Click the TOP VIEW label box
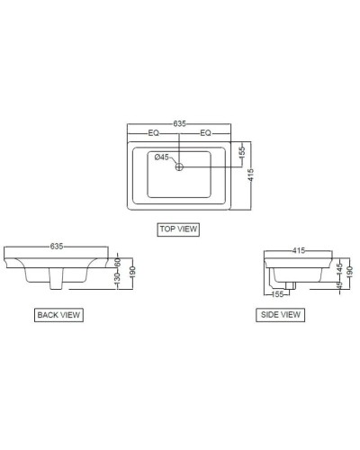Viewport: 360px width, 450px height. (177, 229)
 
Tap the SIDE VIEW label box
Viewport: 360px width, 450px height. (281, 315)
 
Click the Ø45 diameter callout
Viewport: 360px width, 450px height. (162, 157)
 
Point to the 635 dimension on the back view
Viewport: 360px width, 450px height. (58, 245)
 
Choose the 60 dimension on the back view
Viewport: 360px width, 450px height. (117, 262)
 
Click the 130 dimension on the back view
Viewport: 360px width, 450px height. (117, 282)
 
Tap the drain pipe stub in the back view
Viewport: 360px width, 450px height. (57, 284)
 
